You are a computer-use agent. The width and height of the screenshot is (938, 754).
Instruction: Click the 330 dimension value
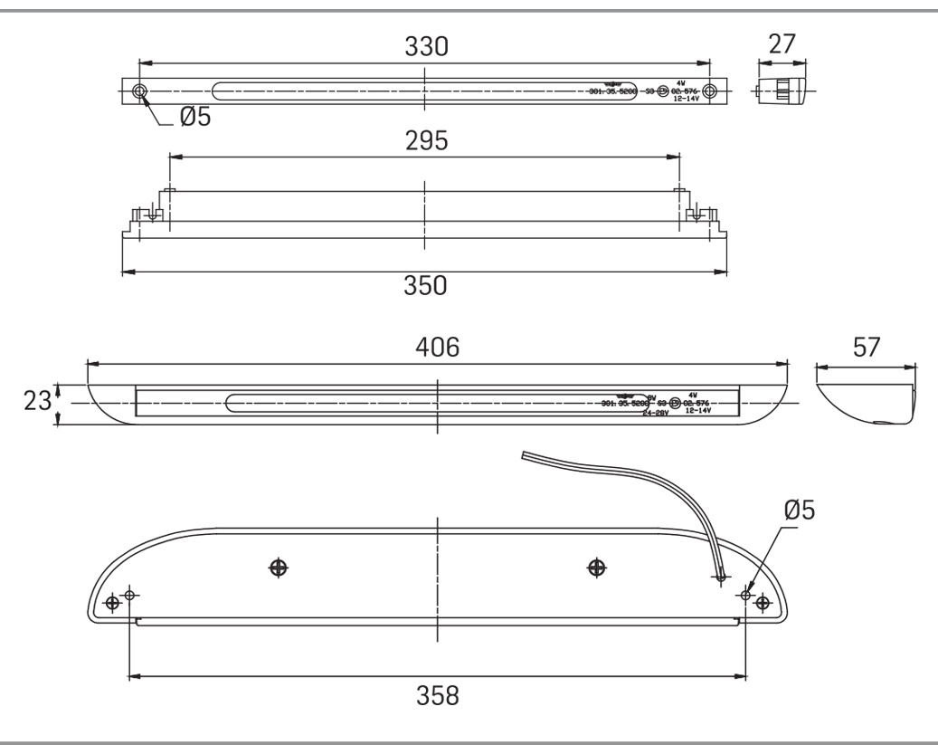tap(425, 47)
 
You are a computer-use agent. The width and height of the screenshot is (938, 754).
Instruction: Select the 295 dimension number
tap(425, 142)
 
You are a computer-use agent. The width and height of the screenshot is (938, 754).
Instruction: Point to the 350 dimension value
tap(425, 287)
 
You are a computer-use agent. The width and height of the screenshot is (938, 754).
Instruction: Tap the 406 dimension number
tap(438, 348)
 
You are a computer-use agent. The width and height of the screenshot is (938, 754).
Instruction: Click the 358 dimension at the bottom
tap(438, 695)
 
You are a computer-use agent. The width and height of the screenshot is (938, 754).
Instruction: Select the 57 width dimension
tap(867, 348)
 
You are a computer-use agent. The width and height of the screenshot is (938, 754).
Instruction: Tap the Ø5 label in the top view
tap(193, 117)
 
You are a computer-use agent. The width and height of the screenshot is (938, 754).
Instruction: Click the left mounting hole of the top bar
tap(139, 91)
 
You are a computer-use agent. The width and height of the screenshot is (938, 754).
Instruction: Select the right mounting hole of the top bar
tap(710, 91)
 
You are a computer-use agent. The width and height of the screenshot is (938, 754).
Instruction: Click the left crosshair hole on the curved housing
tap(280, 568)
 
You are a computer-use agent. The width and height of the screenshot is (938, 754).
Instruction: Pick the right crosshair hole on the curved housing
tap(596, 568)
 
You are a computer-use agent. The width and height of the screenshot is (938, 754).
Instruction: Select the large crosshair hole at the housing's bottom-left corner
tap(112, 603)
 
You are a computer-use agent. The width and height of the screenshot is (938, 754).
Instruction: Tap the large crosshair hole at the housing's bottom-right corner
tap(763, 603)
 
